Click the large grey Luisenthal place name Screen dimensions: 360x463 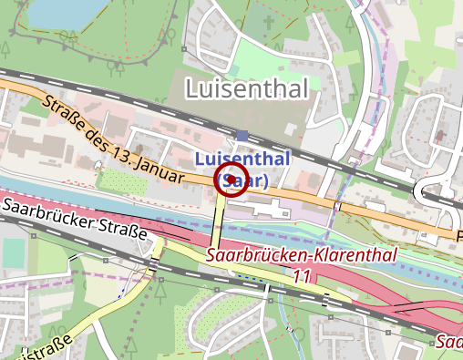246,88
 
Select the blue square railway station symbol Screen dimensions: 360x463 242,137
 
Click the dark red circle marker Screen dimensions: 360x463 231,180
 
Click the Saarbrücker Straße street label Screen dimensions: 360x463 74,219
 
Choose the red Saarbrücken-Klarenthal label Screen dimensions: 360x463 301,255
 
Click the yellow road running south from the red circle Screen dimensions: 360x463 219,219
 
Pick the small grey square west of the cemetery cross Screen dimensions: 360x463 184,48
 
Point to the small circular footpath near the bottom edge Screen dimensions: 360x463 299,334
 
